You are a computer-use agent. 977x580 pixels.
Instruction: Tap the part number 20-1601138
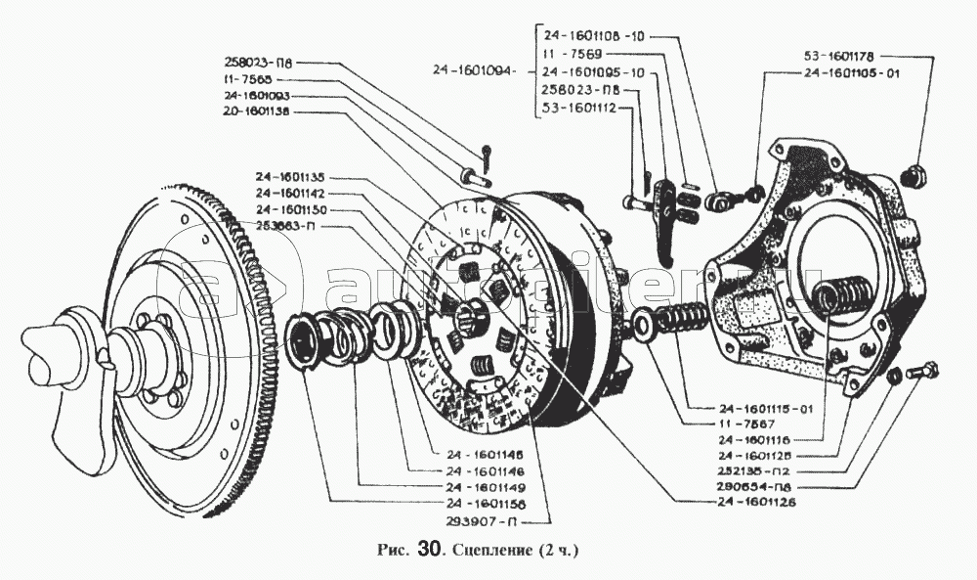264,112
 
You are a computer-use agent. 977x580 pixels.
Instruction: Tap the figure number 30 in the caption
430,550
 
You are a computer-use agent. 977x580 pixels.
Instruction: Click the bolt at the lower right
922,371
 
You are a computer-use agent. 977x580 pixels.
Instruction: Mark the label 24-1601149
484,487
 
